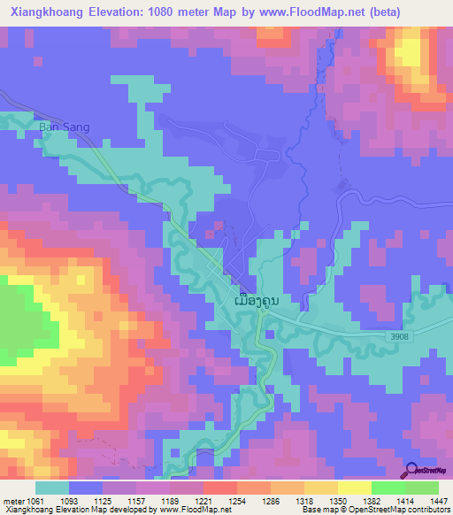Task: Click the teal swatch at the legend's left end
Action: pyautogui.click(x=52, y=488)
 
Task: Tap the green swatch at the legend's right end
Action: pyautogui.click(x=421, y=488)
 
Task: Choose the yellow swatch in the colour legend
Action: pyautogui.click(x=354, y=488)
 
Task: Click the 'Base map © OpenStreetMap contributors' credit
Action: pyautogui.click(x=375, y=510)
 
